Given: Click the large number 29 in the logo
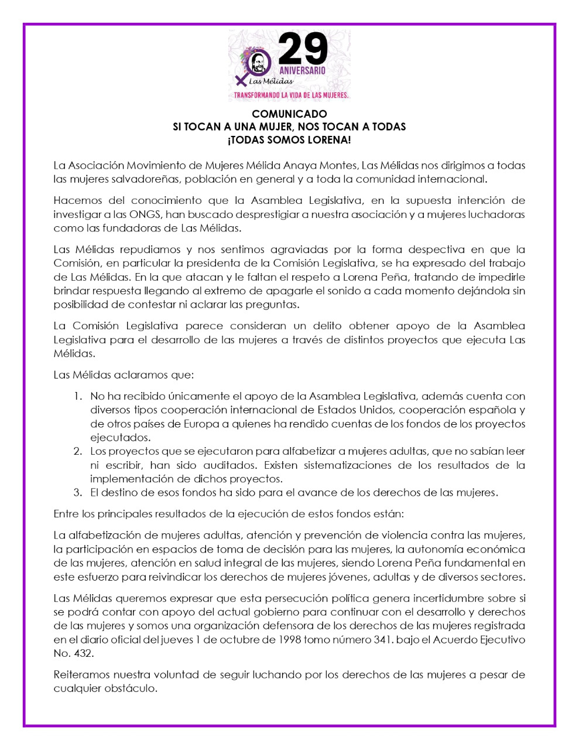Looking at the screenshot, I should point(303,49).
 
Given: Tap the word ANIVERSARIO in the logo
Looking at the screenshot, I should point(302,70).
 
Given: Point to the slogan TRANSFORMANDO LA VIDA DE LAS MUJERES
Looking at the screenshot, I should point(291,94).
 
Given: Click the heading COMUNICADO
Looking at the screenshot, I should point(289,114).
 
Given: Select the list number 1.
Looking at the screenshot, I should point(77,397).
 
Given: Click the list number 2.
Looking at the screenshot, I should point(77,451).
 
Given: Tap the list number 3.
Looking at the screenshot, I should point(77,492).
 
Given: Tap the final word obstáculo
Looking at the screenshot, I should point(130,688).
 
